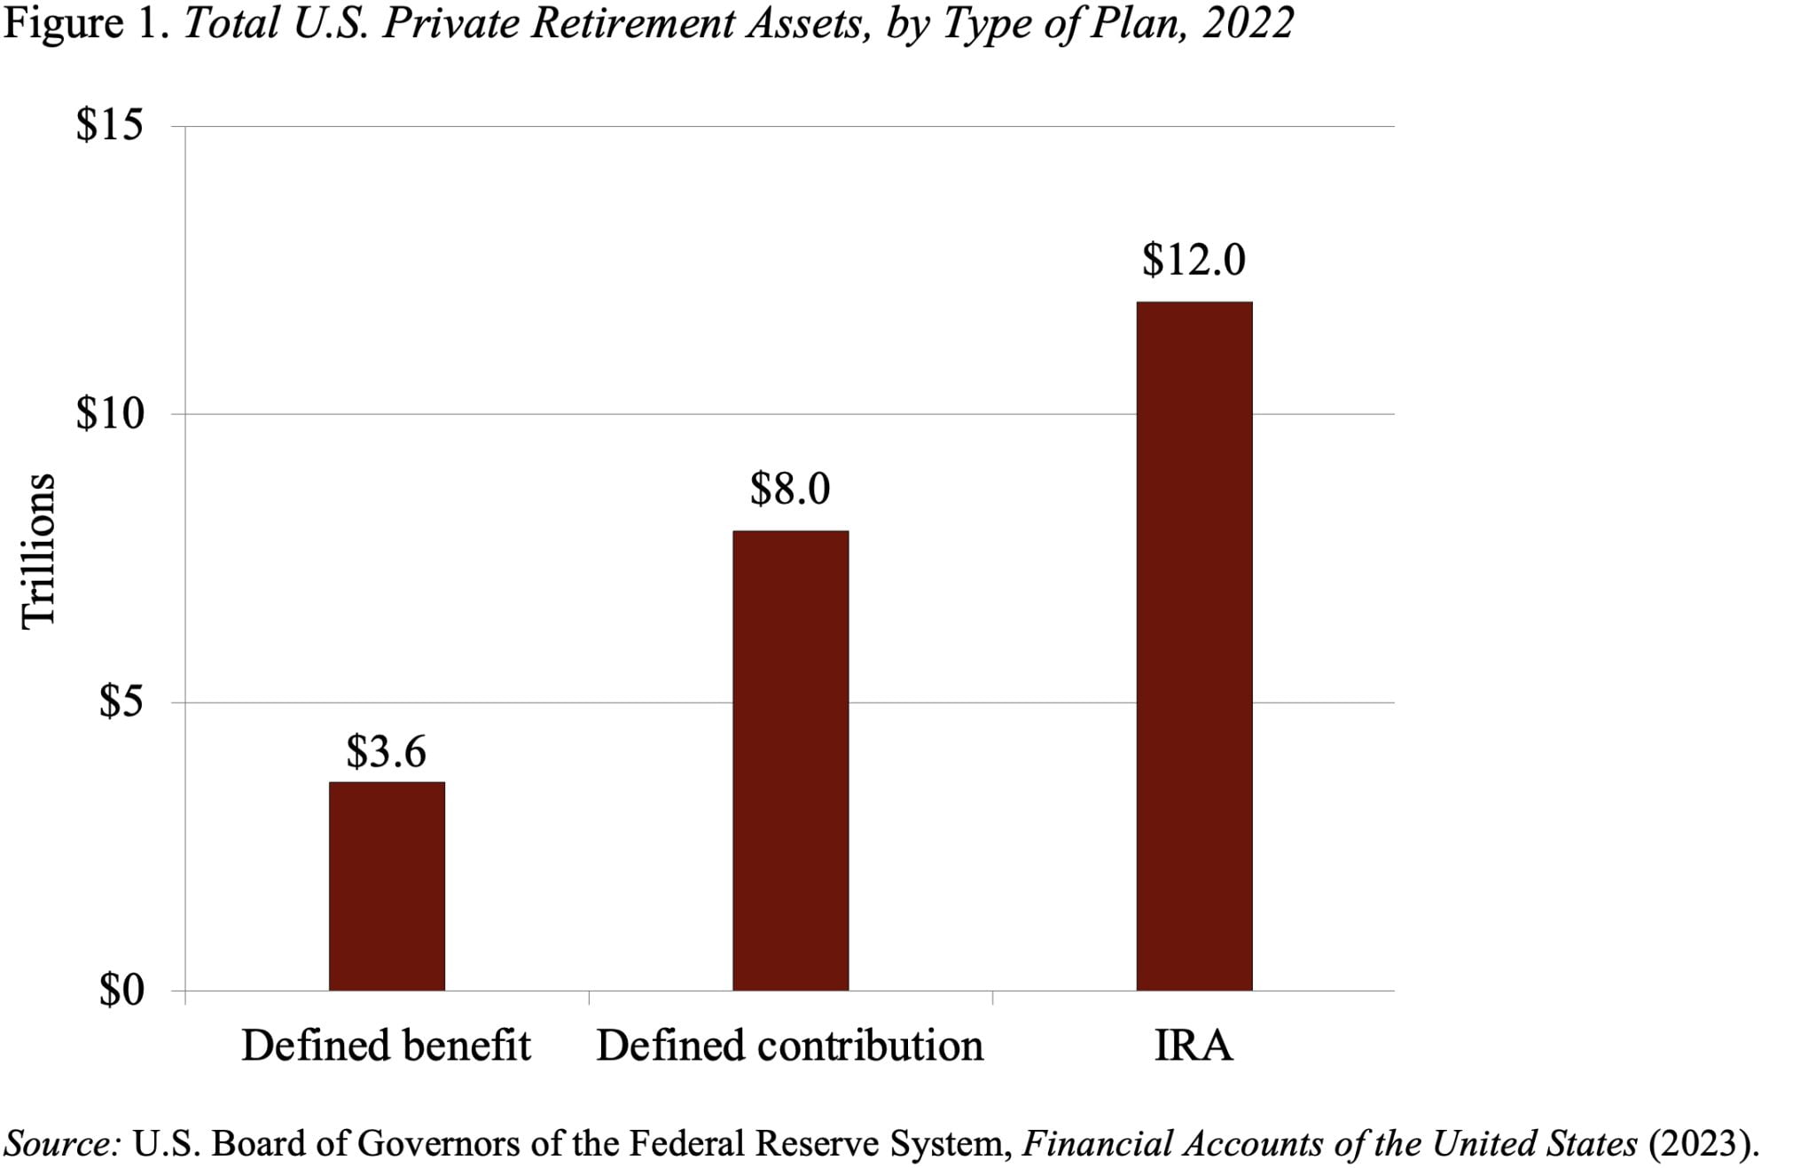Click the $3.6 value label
coord(386,751)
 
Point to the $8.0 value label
coord(790,488)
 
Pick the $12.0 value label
coord(1194,259)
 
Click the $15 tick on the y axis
coord(109,125)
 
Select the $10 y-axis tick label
coord(109,413)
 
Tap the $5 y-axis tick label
coord(120,702)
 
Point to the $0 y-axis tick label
coord(120,990)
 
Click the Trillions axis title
coord(38,552)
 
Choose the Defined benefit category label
coord(386,1045)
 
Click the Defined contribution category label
coord(790,1045)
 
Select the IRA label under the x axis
coord(1194,1045)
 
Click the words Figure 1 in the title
coord(87,23)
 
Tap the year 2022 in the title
coord(1248,23)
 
